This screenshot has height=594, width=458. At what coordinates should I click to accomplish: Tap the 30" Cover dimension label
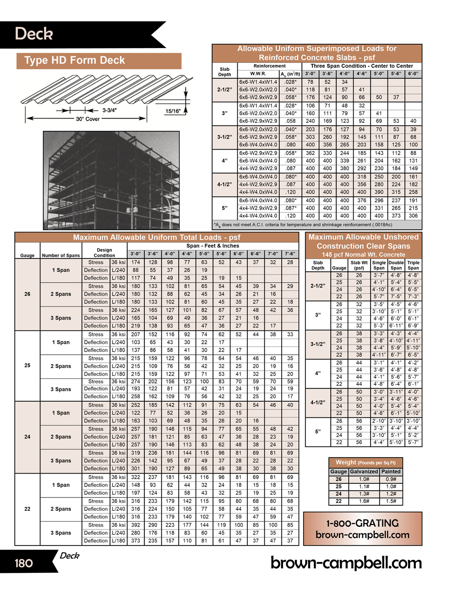[87, 119]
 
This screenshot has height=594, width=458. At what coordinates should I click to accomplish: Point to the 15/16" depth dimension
[173, 111]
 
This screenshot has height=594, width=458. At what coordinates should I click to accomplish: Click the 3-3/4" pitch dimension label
[109, 110]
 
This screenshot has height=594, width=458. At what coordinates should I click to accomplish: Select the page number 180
[24, 563]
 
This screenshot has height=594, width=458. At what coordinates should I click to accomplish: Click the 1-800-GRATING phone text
[362, 523]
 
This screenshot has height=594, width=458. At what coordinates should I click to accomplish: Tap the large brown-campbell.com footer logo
[345, 562]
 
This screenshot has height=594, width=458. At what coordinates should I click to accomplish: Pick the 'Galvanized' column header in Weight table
[364, 471]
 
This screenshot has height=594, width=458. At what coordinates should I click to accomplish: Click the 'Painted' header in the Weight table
[391, 471]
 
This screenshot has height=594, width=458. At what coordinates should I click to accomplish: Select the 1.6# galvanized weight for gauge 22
[364, 501]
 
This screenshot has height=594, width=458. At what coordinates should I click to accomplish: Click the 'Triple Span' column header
[413, 265]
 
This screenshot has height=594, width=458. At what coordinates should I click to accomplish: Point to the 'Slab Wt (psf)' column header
[359, 265]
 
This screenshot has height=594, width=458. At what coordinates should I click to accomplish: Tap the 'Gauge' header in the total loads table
[27, 255]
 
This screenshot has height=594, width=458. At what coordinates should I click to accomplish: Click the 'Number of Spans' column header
[61, 255]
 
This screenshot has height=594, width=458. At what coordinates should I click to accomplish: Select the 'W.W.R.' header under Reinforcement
[258, 74]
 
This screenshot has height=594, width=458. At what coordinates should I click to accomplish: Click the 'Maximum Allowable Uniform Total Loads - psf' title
[157, 238]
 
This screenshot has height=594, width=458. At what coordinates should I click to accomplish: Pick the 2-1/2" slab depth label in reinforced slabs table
[224, 90]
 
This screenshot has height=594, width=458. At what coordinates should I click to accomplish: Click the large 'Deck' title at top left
[34, 34]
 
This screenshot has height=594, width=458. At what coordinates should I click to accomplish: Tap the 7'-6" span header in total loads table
[290, 254]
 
